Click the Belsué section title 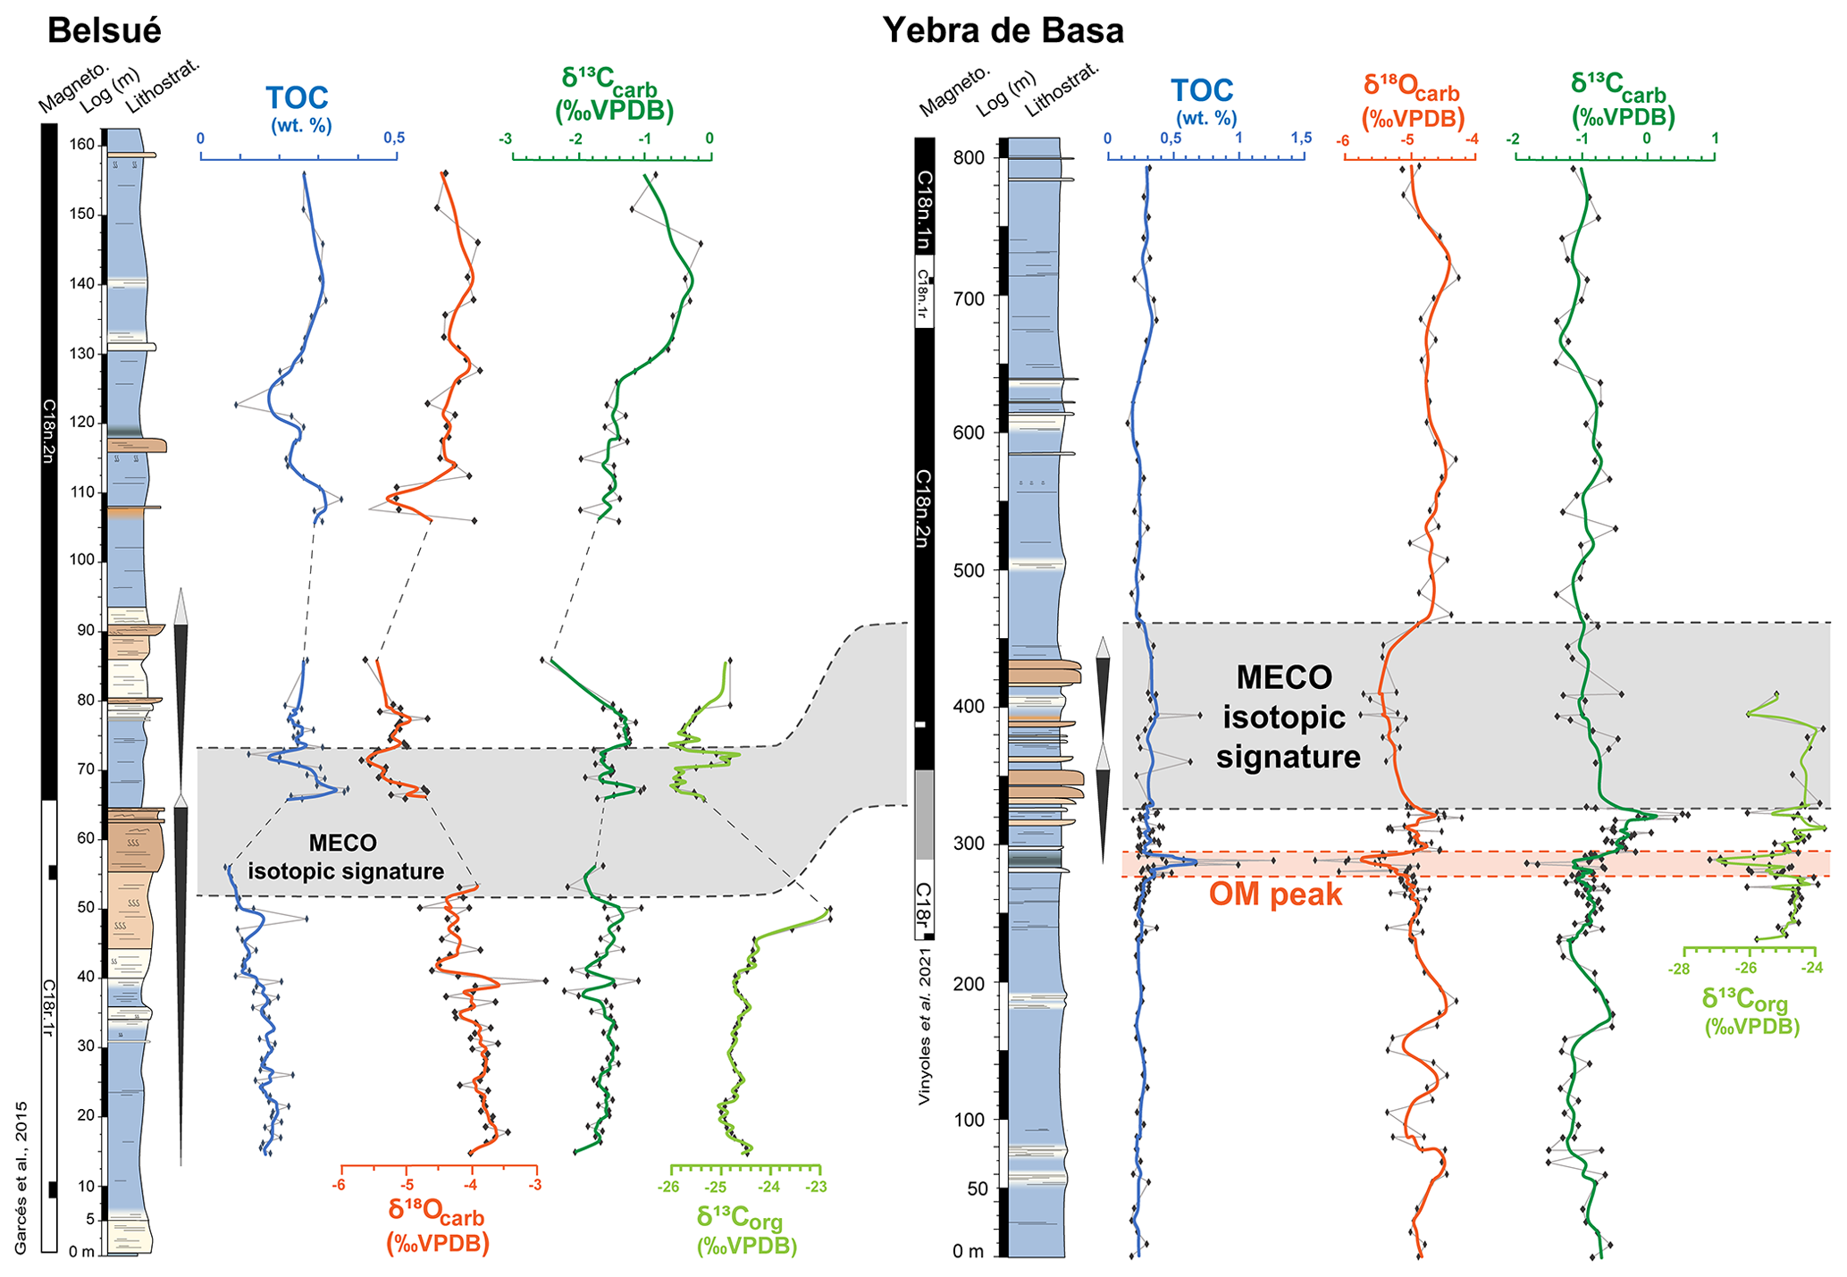click(x=105, y=30)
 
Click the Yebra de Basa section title click(x=1003, y=30)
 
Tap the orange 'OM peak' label click(x=1275, y=895)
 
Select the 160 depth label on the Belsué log click(x=82, y=145)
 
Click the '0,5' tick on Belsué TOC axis click(x=394, y=139)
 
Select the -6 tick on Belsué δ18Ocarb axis click(x=340, y=1186)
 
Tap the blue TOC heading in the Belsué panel click(x=298, y=97)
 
